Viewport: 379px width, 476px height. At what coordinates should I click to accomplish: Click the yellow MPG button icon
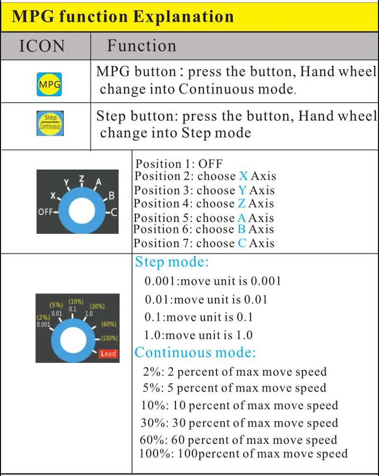(x=49, y=84)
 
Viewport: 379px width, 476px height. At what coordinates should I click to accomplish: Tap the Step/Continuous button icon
(x=50, y=123)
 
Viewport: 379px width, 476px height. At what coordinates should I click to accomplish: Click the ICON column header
(x=42, y=46)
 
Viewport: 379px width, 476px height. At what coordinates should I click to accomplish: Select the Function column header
(x=141, y=46)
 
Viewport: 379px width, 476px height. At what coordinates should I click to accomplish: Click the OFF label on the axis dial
(x=45, y=212)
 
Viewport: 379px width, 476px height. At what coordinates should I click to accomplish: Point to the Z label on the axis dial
(x=81, y=178)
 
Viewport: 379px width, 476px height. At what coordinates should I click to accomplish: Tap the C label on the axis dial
(x=114, y=212)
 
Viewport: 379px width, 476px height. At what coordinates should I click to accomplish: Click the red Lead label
(x=108, y=353)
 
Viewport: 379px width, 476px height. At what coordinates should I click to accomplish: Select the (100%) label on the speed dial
(x=109, y=338)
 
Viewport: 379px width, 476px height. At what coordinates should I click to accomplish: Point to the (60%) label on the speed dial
(x=109, y=324)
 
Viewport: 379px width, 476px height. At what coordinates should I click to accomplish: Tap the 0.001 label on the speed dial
(x=43, y=324)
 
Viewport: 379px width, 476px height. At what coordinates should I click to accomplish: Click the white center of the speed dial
(x=73, y=340)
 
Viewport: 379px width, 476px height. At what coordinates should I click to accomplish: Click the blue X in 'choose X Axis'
(x=243, y=176)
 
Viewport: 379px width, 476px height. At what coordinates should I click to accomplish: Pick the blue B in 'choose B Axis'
(x=242, y=229)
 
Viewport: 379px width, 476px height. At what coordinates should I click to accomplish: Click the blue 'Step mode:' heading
(x=172, y=262)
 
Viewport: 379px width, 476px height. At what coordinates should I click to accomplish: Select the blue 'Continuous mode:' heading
(x=195, y=352)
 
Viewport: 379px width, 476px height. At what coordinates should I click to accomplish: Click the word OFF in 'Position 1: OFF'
(x=210, y=164)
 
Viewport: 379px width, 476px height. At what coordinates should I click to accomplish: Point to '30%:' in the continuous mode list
(x=154, y=422)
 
